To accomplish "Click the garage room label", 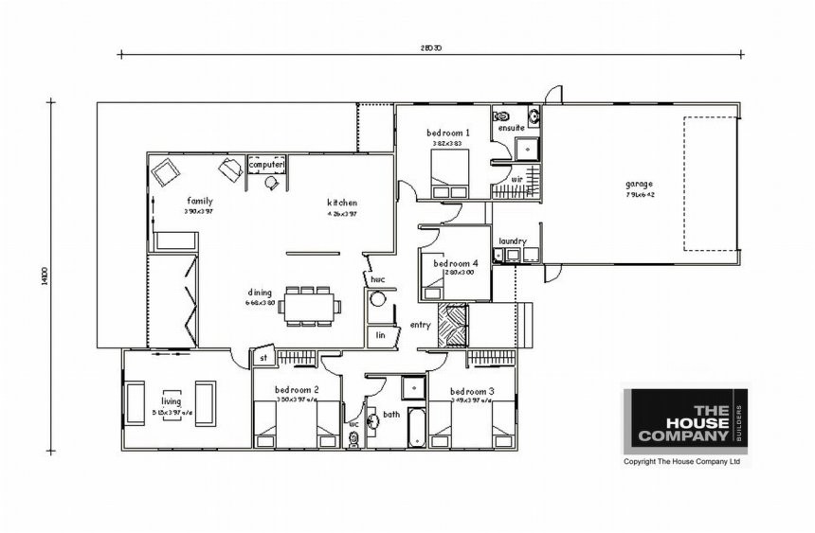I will pos(639,184).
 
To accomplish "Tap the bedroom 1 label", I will pos(444,132).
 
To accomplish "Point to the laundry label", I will pos(512,241).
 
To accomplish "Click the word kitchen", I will pos(341,203).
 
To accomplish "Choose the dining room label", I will pos(260,293).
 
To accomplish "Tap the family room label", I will pos(199,201).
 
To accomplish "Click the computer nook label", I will pos(266,165).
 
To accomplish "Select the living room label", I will pos(171,401).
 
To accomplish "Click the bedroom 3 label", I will pos(472,391).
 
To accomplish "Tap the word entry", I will pos(420,326).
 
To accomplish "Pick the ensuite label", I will pos(512,128).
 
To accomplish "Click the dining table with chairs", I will pos(310,307).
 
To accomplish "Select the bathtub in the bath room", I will pos(414,431).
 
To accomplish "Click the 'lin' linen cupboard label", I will pos(380,335).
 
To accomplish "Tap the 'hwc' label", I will pos(377,280).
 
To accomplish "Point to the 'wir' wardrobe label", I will pos(517,178).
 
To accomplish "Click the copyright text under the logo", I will pos(680,462).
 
